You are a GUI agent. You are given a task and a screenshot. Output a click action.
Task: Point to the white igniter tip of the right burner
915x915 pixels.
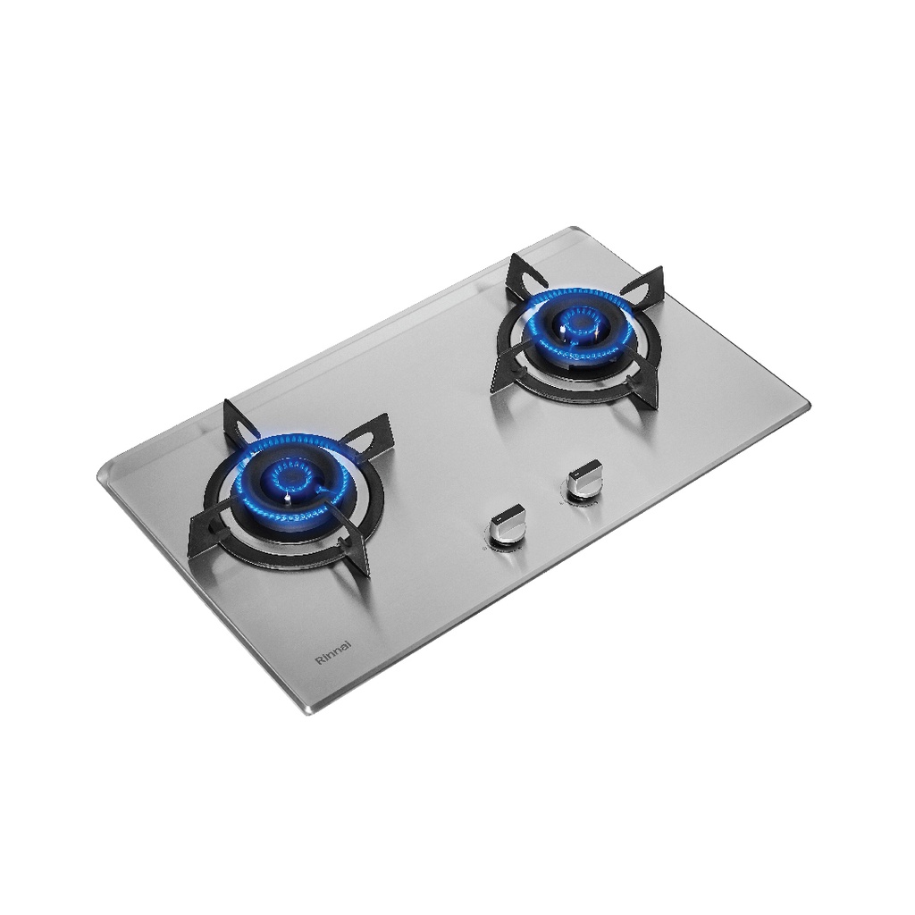coord(562,331)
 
